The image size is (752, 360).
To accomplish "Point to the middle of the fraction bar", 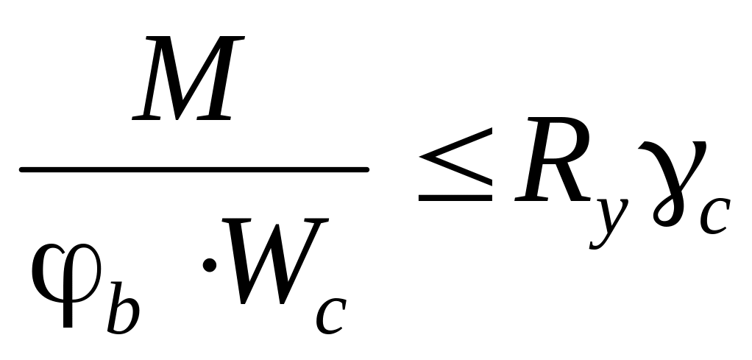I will pos(194,170).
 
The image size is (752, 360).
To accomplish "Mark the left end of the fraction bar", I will pos(22,170).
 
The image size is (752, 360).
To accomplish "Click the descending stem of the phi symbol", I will pos(68,313).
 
